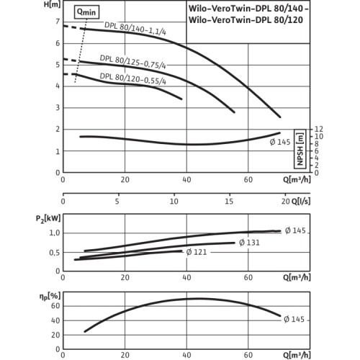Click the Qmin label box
coord(86,12)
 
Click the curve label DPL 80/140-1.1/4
coord(135,29)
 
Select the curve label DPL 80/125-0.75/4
coord(132,62)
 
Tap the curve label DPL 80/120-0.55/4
coord(132,78)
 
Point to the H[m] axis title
coord(52,4)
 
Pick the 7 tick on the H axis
coord(58,22)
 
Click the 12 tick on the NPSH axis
coord(319,129)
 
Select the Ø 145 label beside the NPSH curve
coord(280,142)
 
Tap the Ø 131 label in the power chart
coord(249,243)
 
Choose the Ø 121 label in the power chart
coord(197,252)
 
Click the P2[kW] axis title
coord(48,219)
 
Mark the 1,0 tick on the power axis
coord(54,233)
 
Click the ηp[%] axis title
coord(50,297)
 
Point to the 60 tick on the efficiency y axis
coord(55,306)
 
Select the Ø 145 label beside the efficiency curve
coord(294,319)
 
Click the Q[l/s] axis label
coord(301,201)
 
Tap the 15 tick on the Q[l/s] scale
coord(229,201)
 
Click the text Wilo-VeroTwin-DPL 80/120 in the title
coord(246,19)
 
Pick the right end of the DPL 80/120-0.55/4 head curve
coord(181,99)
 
